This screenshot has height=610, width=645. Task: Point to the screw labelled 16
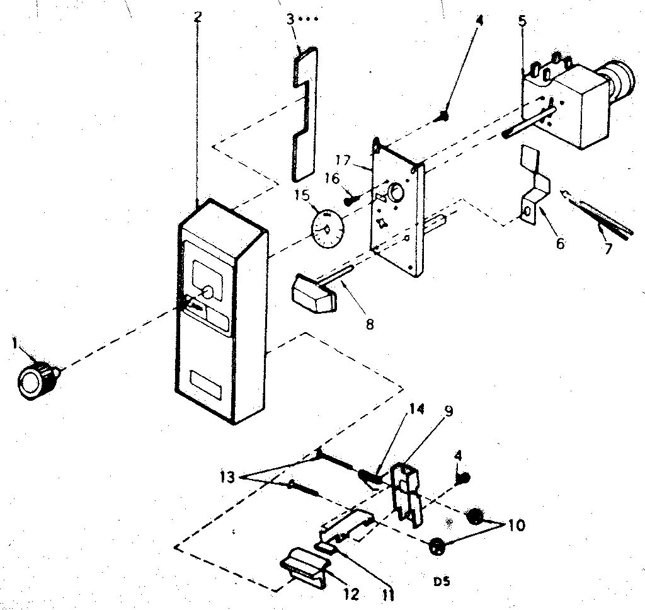coord(350,200)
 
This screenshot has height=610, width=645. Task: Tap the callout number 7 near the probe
coord(607,248)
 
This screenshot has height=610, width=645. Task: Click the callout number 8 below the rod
coord(369,324)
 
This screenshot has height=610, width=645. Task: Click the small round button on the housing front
coord(208,292)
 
